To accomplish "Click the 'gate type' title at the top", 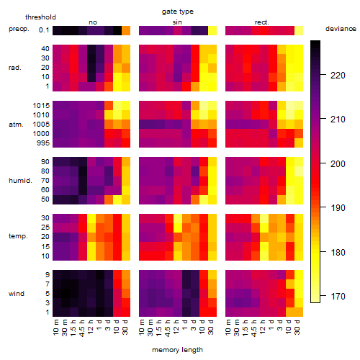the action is (178, 12).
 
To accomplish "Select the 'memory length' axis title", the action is (177, 350).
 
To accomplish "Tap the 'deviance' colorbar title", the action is (341, 29).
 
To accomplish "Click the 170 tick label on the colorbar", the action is (338, 297).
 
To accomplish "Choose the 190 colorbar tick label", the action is (338, 208).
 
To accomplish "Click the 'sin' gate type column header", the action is (177, 22).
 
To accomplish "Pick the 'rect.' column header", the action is (261, 22).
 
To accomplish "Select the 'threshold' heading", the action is (40, 17).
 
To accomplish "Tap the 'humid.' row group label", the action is (20, 181).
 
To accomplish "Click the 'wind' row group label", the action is (17, 294).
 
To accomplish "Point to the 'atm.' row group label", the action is (16, 125).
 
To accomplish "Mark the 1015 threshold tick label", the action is (41, 106).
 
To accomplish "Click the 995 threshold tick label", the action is (43, 143).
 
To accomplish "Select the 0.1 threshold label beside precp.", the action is (44, 30).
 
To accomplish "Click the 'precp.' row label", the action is (19, 29).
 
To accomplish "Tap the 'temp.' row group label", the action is (18, 236).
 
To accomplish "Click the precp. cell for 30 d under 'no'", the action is (126, 31).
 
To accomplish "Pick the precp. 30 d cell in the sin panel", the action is (212, 31).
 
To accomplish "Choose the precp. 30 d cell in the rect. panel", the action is (299, 31).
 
